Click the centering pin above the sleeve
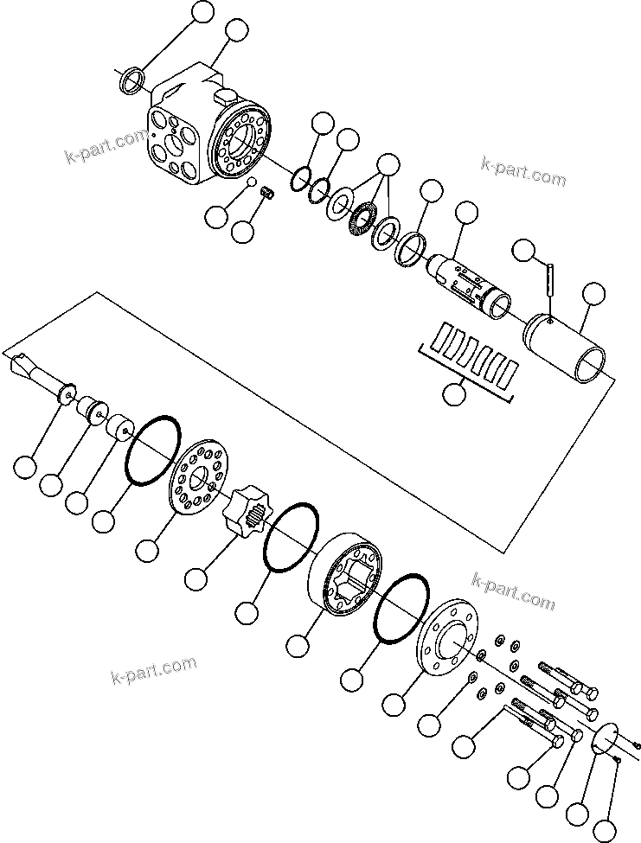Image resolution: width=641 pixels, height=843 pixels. click(x=550, y=282)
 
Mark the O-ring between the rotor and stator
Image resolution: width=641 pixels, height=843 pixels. click(x=292, y=536)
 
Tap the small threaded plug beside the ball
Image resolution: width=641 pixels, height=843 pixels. click(x=269, y=196)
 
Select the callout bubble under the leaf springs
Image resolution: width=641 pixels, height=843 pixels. click(x=453, y=394)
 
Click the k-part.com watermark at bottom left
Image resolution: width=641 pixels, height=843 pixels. click(x=154, y=668)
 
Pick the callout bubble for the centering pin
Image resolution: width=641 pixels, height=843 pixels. click(x=523, y=250)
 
